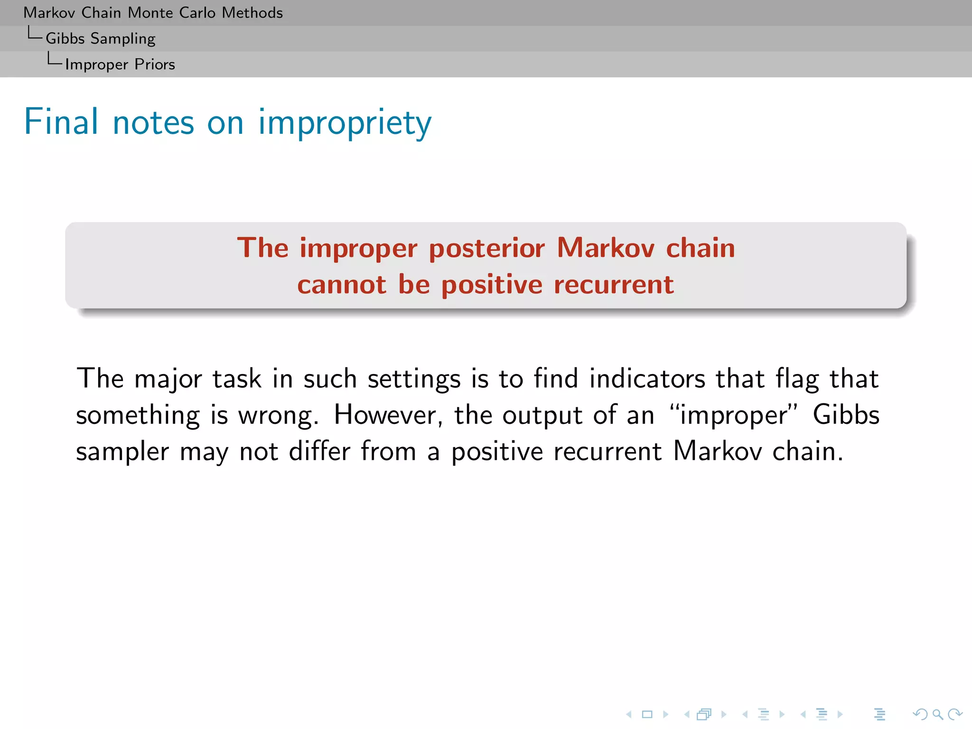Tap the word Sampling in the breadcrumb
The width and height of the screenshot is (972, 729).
(x=122, y=39)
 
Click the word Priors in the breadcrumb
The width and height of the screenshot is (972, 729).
(x=155, y=65)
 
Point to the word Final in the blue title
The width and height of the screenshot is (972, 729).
(x=61, y=122)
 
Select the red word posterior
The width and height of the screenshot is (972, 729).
(x=487, y=249)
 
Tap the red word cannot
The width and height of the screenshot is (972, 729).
(x=342, y=285)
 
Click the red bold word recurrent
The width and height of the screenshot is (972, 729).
(x=613, y=285)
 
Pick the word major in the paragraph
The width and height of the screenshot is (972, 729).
(x=168, y=380)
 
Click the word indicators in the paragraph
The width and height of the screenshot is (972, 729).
(x=647, y=379)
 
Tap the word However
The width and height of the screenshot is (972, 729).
(x=388, y=416)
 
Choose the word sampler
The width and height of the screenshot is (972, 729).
(x=122, y=452)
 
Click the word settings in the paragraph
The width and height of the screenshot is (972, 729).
(x=414, y=380)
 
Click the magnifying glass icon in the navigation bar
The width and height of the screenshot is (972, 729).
(x=937, y=714)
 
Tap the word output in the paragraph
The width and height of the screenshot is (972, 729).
(x=542, y=416)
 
